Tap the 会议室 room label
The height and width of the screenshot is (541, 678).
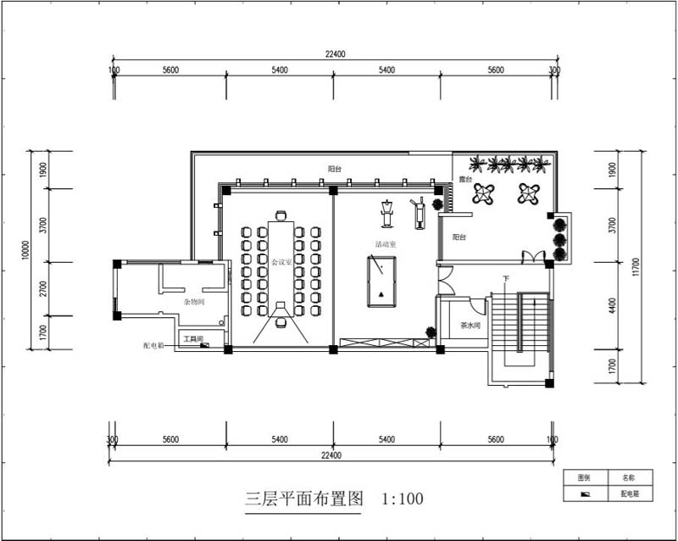point(281,263)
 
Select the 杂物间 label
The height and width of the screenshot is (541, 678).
point(194,301)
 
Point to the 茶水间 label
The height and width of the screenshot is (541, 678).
point(470,326)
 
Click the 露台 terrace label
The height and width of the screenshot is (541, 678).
point(464,180)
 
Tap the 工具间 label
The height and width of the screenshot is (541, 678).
point(194,339)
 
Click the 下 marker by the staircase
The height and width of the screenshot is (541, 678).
point(506,279)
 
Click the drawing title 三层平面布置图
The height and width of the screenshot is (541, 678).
point(303,499)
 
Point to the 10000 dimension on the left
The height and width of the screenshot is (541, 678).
point(25,249)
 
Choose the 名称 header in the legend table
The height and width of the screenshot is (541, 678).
point(628,477)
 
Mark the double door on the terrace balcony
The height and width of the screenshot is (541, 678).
point(533,256)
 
